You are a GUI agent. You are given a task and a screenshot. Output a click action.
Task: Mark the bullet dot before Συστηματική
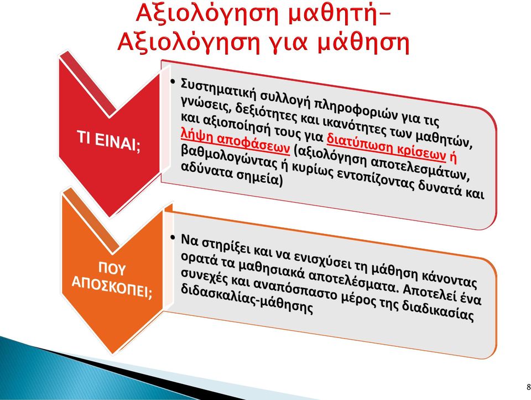(x=173, y=81)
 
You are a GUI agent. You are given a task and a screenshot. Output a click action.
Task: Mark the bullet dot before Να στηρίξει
(x=173, y=237)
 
